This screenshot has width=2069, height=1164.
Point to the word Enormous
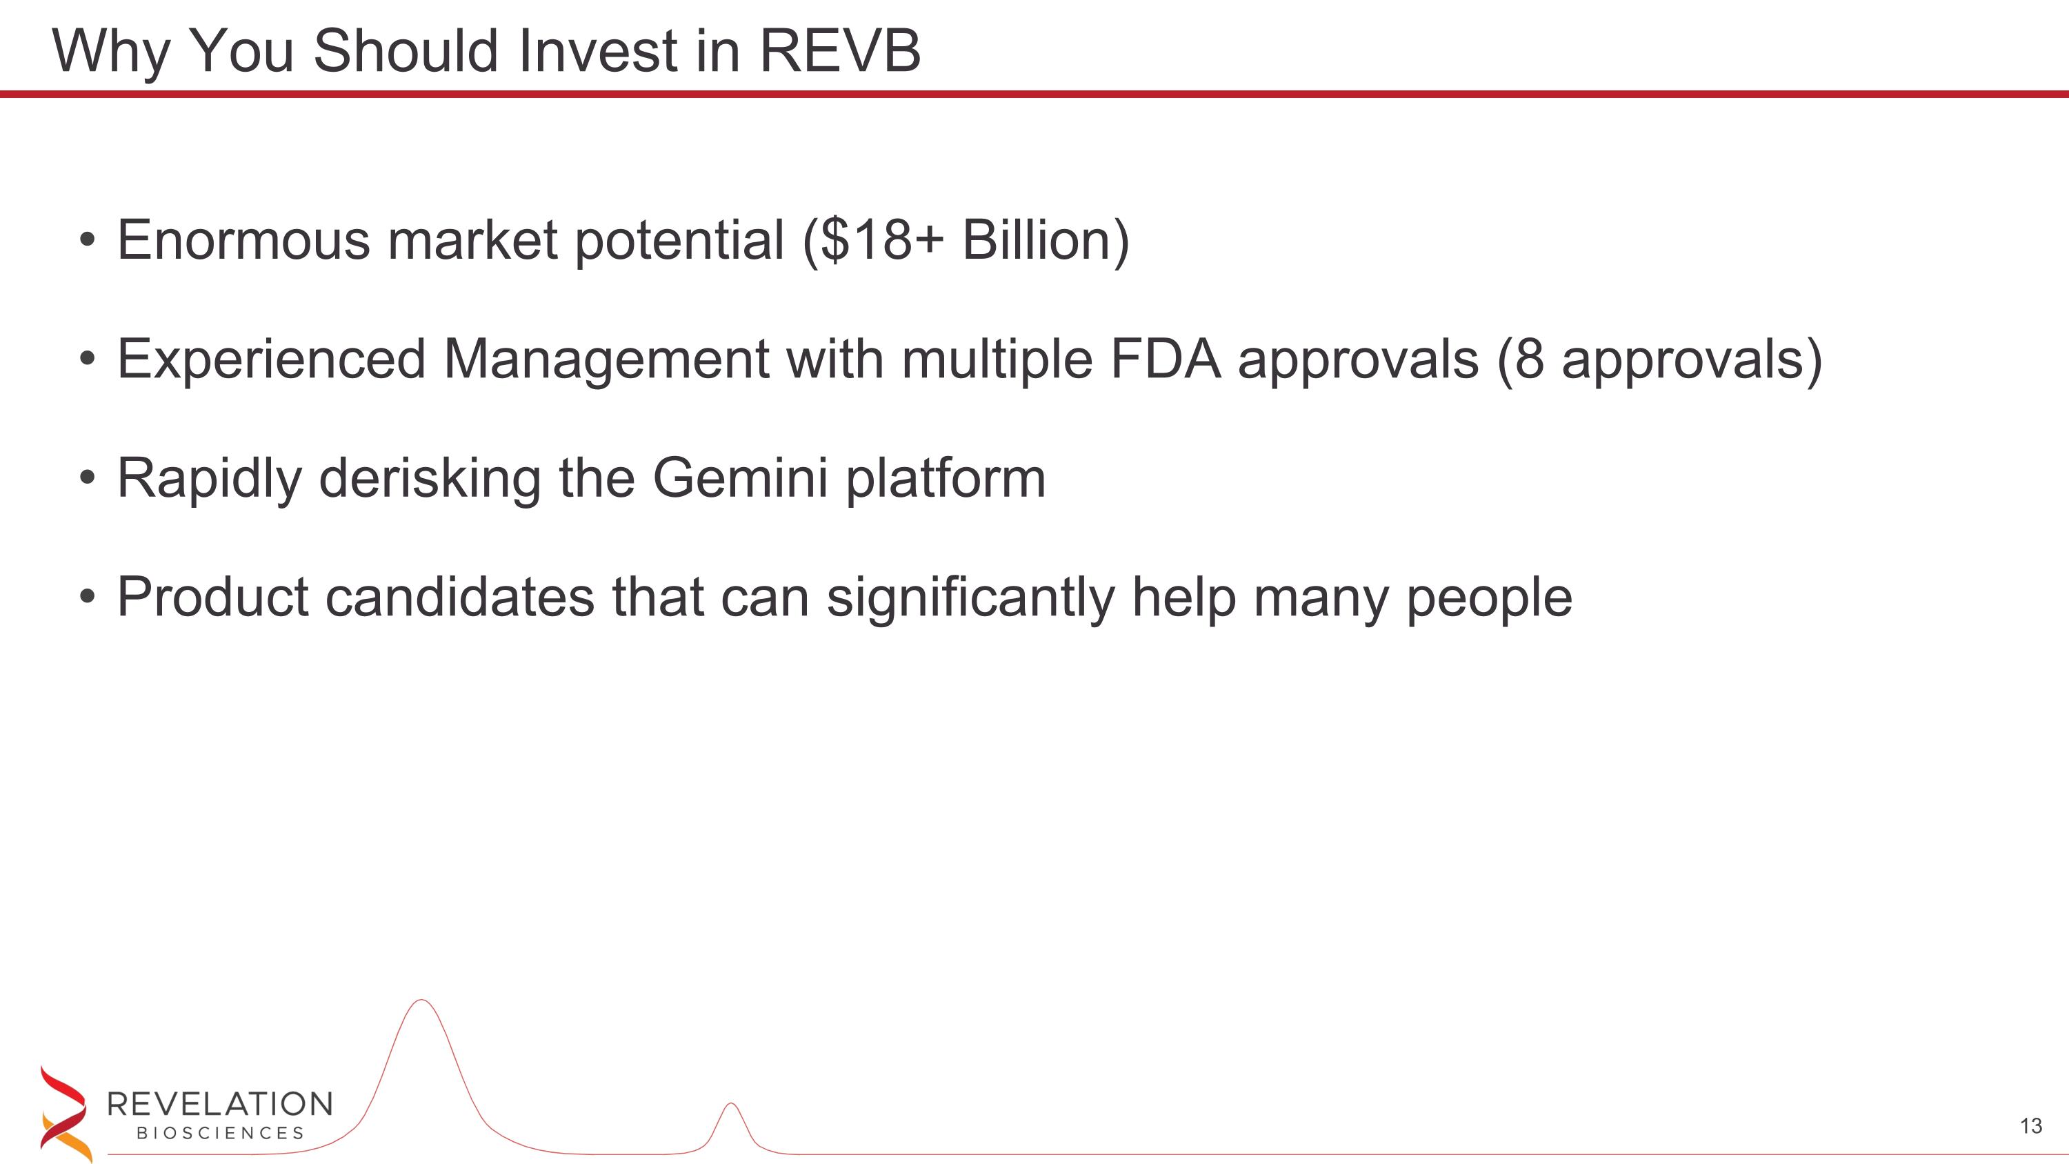[243, 240]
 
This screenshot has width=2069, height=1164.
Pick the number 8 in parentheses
[1529, 359]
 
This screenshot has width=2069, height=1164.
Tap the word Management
[606, 359]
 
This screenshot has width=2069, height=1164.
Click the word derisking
[430, 478]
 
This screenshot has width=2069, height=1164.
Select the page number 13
[2030, 1126]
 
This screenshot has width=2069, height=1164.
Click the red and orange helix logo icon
[64, 1114]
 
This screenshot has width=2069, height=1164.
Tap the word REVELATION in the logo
[219, 1105]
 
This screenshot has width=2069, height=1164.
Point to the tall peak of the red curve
[421, 1002]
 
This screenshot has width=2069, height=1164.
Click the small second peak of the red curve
[730, 1105]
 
